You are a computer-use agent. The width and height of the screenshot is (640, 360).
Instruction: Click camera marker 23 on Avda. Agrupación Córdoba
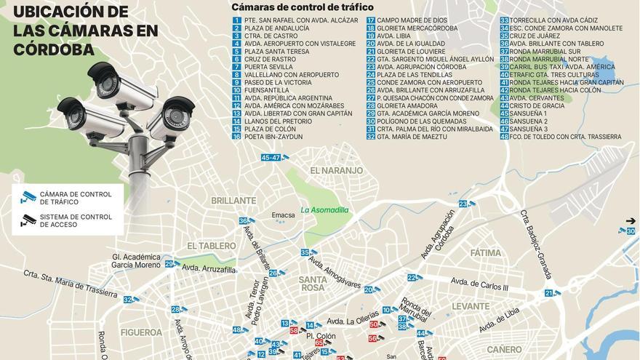pos(463,204)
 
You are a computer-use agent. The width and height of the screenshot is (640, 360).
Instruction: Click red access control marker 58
pos(294,330)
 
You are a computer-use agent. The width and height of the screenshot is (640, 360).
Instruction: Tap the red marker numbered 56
pos(372,338)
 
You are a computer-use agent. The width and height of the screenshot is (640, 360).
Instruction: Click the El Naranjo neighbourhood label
pos(335,170)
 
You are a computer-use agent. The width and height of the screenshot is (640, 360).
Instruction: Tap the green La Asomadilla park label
pos(324,210)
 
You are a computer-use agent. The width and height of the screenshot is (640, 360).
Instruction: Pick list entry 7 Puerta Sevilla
pos(266,67)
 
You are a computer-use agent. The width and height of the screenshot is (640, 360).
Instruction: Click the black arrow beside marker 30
pos(630,220)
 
